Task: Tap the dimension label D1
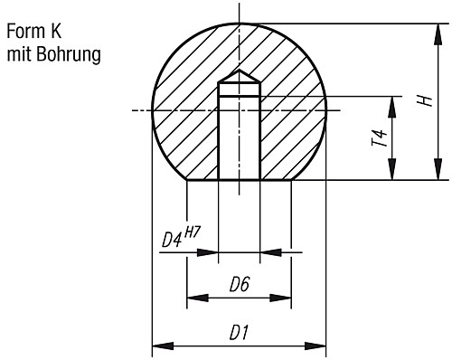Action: coord(239,332)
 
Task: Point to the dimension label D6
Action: coord(239,285)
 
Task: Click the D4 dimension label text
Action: coord(173,241)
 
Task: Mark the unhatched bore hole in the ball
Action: coord(239,136)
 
